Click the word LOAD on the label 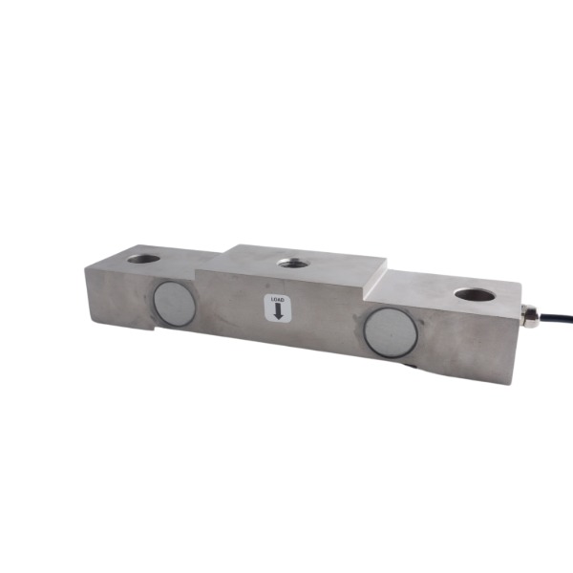coord(277,300)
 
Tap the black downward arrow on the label coord(278,311)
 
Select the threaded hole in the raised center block coord(291,263)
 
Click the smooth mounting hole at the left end coord(143,259)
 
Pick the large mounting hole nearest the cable coord(475,294)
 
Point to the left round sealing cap coord(175,304)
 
